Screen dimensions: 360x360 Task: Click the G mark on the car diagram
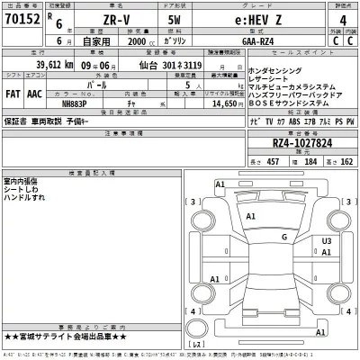pyautogui.click(x=283, y=237)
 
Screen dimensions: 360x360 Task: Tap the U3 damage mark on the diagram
pyautogui.click(x=327, y=241)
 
